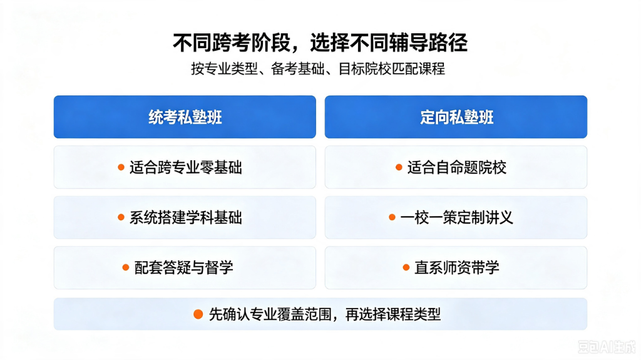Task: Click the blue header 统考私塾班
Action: (x=185, y=117)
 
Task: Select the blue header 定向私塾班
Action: (x=456, y=117)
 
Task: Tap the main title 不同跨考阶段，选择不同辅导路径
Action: (x=320, y=43)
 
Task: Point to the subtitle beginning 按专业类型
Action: (x=318, y=69)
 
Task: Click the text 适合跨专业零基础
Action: (x=186, y=167)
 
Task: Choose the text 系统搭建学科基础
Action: (x=186, y=218)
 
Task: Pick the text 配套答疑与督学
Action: (x=184, y=267)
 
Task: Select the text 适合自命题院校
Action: (x=457, y=167)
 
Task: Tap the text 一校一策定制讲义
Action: (x=456, y=218)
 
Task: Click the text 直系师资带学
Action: (x=457, y=267)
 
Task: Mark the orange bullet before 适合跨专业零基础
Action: (x=121, y=167)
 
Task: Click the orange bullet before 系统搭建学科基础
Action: (x=121, y=217)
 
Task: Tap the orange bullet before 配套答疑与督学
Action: (x=126, y=267)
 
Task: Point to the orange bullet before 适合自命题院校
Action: (x=399, y=167)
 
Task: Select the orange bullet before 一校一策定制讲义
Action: (x=392, y=217)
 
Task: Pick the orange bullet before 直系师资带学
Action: (x=406, y=267)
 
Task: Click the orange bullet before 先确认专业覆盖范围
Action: (x=198, y=314)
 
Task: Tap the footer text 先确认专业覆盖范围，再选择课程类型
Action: (x=325, y=314)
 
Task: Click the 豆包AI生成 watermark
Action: (x=607, y=347)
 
